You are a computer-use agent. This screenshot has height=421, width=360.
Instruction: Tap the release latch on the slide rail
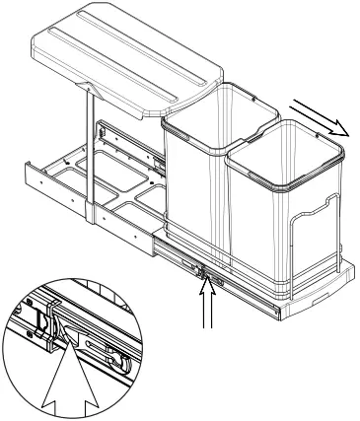[x=203, y=268]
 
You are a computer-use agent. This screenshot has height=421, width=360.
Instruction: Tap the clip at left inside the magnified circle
[x=39, y=320]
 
